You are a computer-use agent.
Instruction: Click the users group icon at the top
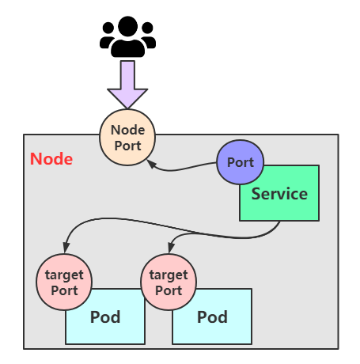pyautogui.click(x=127, y=36)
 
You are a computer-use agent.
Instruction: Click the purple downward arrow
pyautogui.click(x=127, y=84)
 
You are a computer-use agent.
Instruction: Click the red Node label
pyautogui.click(x=51, y=158)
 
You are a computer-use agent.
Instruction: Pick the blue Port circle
pyautogui.click(x=240, y=162)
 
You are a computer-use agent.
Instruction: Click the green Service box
pyautogui.click(x=285, y=201)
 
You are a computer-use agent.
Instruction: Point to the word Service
pyautogui.click(x=279, y=194)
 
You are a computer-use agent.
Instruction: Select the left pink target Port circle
pyautogui.click(x=64, y=282)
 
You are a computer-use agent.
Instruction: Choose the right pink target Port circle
pyautogui.click(x=168, y=282)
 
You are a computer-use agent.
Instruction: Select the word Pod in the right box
pyautogui.click(x=212, y=317)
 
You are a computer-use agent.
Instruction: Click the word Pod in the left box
pyautogui.click(x=105, y=317)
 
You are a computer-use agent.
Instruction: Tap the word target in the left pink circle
pyautogui.click(x=64, y=275)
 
